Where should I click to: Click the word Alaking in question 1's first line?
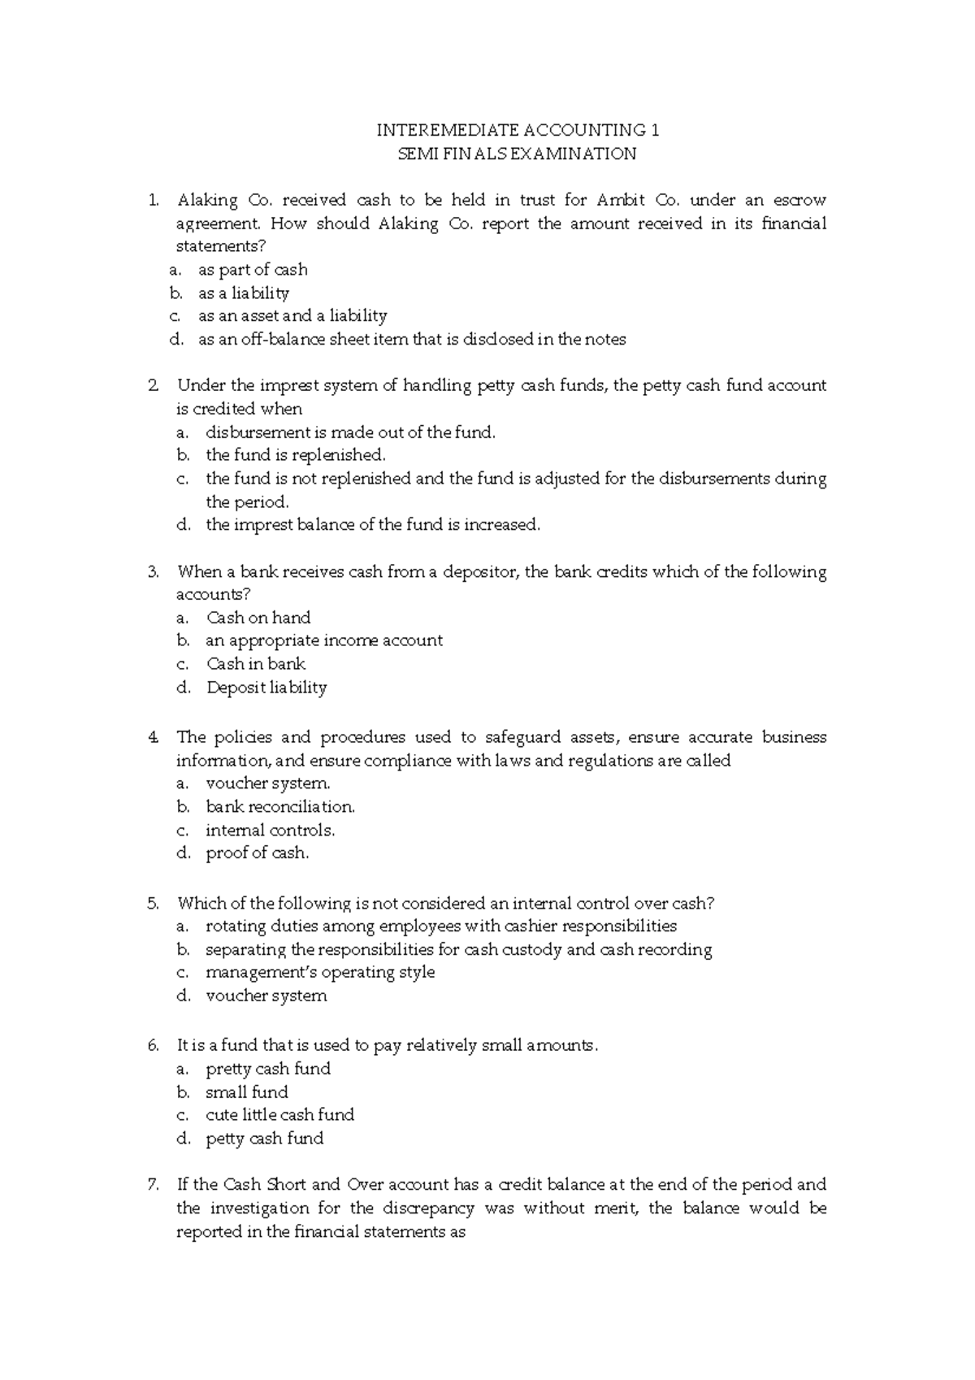click(x=208, y=200)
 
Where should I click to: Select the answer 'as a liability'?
click(x=244, y=293)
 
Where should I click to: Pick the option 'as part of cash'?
click(x=253, y=270)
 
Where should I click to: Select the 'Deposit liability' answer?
click(x=266, y=688)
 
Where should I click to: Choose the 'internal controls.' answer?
click(x=270, y=831)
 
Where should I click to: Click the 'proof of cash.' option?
click(x=258, y=853)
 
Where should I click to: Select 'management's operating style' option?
click(x=320, y=973)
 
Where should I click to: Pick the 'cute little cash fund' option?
click(x=279, y=1115)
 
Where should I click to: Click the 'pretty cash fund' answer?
click(x=268, y=1070)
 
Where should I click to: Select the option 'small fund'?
click(x=247, y=1092)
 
